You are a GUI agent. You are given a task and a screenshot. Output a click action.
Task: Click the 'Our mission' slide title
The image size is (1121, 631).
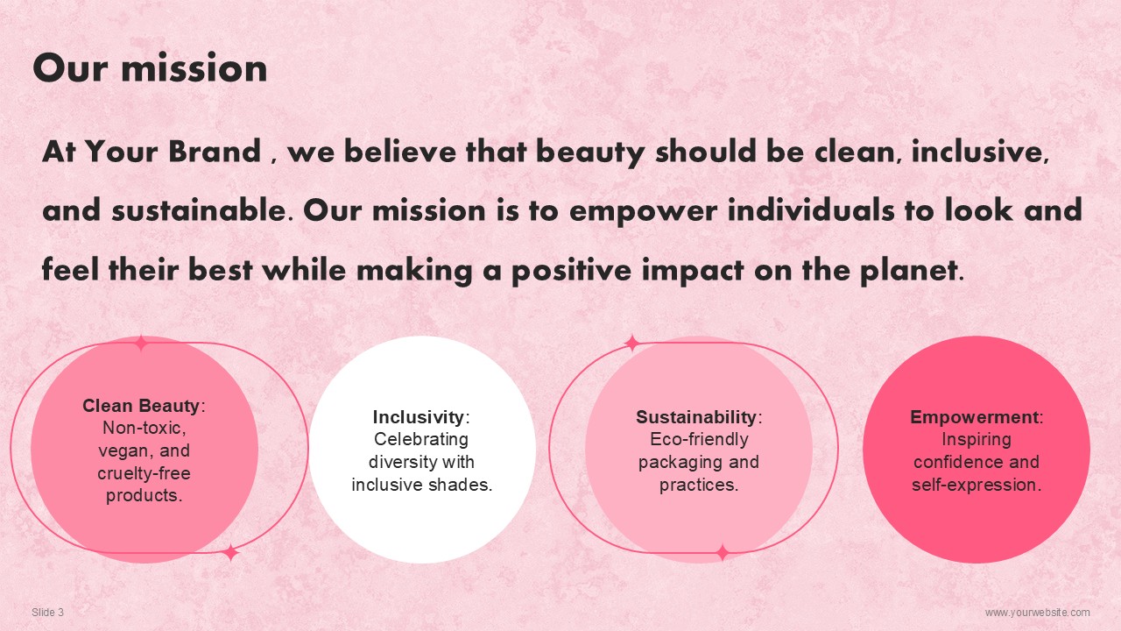click(x=150, y=67)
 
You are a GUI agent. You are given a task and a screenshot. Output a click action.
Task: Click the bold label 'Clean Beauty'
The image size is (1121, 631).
click(x=141, y=406)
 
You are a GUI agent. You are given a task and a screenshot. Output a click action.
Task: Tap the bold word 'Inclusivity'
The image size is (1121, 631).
click(x=419, y=417)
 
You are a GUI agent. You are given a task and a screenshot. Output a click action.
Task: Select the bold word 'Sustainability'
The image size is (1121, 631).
click(x=696, y=417)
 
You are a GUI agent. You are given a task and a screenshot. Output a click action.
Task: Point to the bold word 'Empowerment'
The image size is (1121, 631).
click(x=974, y=417)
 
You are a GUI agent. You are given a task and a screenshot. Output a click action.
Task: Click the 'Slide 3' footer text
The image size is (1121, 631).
click(x=47, y=612)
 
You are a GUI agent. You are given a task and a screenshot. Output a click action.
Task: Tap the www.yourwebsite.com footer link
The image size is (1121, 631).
click(x=1038, y=612)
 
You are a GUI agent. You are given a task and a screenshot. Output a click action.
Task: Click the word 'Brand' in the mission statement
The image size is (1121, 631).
click(x=215, y=151)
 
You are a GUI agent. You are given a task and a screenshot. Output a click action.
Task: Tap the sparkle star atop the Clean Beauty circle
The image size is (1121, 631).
click(x=142, y=343)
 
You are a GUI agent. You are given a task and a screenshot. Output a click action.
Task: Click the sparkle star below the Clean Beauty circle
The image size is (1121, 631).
click(x=230, y=553)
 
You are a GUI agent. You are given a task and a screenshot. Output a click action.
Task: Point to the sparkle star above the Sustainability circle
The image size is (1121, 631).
click(x=632, y=343)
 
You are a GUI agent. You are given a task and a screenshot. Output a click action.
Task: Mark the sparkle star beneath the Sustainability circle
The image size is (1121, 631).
click(x=723, y=553)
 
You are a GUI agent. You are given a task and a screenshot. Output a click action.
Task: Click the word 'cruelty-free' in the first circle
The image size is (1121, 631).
click(x=145, y=473)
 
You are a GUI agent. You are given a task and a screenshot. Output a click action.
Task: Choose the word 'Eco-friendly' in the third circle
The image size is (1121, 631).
click(x=699, y=440)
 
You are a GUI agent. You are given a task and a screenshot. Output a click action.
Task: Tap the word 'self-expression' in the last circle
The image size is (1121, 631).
click(x=976, y=485)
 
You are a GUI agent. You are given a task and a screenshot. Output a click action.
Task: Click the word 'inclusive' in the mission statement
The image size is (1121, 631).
click(x=980, y=151)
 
